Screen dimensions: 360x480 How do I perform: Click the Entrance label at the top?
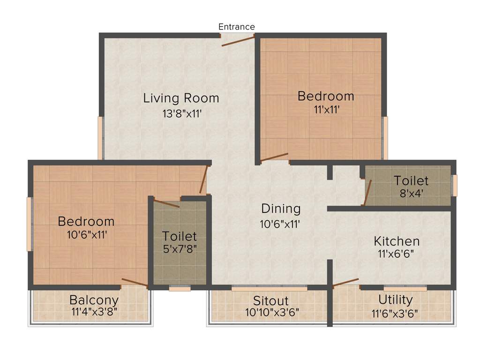(237, 27)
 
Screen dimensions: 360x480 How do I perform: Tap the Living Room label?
(181, 98)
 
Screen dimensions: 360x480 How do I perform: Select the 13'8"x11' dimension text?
(181, 113)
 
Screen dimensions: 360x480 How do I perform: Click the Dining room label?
(281, 209)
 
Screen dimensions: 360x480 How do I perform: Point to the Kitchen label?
(397, 241)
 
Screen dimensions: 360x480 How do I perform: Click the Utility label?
(396, 300)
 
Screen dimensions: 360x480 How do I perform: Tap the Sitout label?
(271, 300)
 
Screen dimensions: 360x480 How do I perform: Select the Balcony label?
(94, 300)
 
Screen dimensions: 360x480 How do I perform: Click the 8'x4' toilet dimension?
(411, 193)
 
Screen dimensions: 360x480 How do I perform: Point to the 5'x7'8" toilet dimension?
(180, 248)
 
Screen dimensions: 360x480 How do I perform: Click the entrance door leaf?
(238, 41)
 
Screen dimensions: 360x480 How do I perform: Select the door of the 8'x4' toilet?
(368, 192)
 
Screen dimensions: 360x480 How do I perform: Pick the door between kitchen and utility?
(346, 282)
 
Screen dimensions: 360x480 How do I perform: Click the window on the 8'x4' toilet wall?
(454, 185)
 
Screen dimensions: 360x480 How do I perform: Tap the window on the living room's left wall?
(100, 138)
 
